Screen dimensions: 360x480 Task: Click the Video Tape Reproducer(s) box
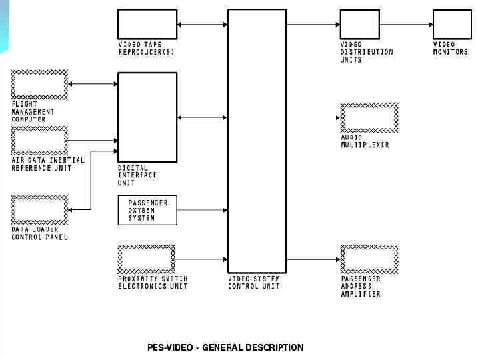[147, 24]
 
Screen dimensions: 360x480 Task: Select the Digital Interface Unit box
[147, 117]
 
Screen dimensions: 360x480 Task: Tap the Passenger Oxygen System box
[147, 210]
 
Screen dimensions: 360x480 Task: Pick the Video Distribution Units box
[360, 24]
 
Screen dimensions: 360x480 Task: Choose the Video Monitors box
[452, 24]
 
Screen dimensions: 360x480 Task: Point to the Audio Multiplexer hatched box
[369, 118]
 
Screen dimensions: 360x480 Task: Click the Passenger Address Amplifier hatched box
[369, 259]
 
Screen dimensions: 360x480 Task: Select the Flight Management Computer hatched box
[39, 84]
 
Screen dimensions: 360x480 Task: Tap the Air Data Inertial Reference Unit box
[39, 141]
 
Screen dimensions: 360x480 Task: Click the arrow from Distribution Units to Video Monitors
[406, 25]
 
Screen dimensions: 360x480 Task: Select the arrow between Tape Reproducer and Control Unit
[203, 25]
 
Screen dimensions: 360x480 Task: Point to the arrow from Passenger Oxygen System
[203, 210]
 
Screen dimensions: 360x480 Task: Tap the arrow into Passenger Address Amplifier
[313, 259]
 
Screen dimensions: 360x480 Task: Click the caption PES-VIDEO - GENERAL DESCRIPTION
[225, 347]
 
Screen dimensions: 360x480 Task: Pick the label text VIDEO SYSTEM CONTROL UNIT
[255, 282]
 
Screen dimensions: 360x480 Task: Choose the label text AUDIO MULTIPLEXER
[365, 141]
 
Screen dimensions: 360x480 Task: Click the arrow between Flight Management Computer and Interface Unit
[93, 84]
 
